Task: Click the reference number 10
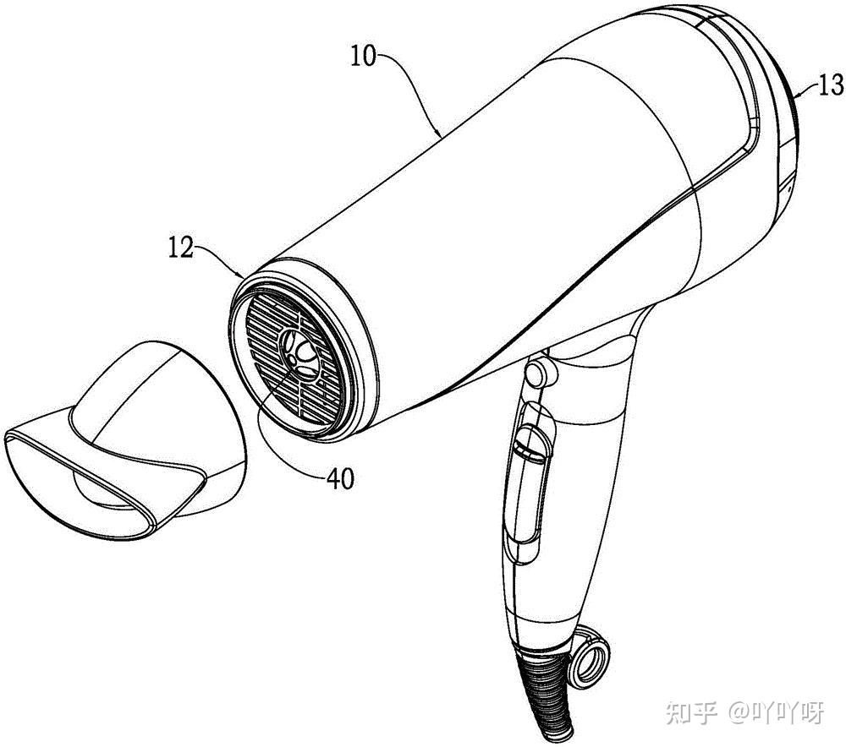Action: [x=365, y=57]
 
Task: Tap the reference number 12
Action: [x=181, y=248]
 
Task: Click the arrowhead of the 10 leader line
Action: [x=439, y=135]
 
